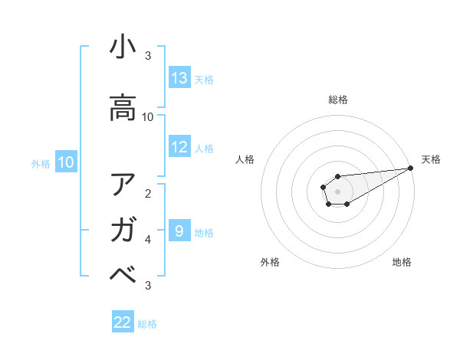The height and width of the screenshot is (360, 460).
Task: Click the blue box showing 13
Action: (x=179, y=78)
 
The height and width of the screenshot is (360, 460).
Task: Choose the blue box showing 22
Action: (x=123, y=322)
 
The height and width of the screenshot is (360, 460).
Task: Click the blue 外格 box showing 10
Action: (x=66, y=162)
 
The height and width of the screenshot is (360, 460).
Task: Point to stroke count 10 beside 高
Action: (x=148, y=117)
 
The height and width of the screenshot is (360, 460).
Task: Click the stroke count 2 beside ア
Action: (x=148, y=193)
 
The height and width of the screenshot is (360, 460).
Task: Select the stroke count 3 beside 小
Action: (x=148, y=56)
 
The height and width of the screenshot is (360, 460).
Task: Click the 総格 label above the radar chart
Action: (x=338, y=100)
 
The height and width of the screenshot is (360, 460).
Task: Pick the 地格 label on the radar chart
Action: (x=402, y=262)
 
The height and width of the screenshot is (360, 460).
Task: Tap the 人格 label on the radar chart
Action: (x=245, y=159)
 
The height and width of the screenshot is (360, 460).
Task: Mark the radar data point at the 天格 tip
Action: (x=410, y=168)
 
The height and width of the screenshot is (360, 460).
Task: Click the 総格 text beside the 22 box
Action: (x=147, y=324)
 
